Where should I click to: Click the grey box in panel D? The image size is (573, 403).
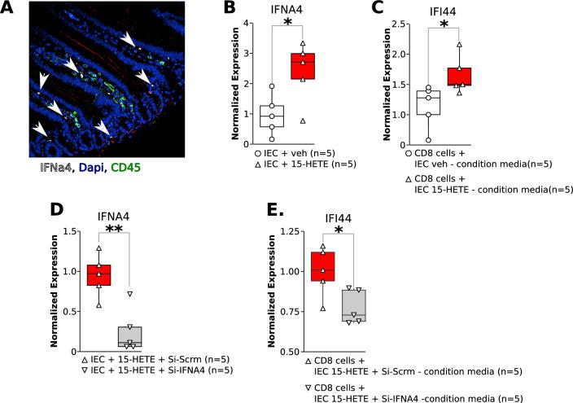coord(129,336)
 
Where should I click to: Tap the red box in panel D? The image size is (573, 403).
coord(98,274)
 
